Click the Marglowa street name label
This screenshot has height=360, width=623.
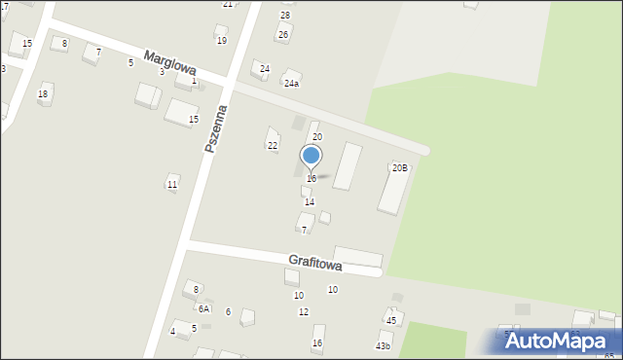170,63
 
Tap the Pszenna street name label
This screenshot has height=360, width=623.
215,127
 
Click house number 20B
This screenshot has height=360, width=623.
400,167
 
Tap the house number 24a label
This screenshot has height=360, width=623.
291,84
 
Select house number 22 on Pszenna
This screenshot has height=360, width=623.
273,145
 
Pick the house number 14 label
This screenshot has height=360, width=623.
310,202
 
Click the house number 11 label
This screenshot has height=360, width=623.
172,184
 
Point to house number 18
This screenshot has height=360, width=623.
43,93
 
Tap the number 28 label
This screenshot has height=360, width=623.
285,15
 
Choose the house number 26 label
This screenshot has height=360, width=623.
283,35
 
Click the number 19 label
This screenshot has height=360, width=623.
222,40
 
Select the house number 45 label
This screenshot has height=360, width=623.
391,320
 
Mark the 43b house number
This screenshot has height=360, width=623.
383,345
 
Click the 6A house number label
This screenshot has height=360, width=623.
203,308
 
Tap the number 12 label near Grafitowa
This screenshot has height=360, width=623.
304,311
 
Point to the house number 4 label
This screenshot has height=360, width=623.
173,332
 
